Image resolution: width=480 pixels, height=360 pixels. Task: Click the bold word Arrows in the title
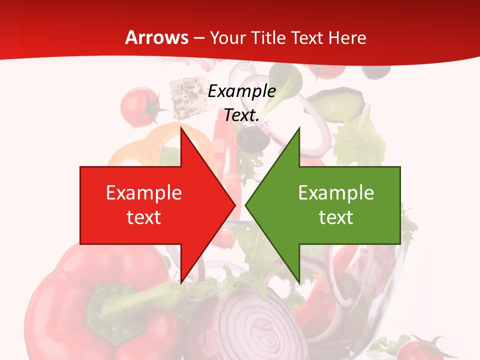click(156, 37)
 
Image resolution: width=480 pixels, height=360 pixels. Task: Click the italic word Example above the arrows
click(241, 91)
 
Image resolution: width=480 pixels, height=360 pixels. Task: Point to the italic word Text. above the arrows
click(241, 115)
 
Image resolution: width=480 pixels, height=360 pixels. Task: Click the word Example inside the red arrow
click(144, 193)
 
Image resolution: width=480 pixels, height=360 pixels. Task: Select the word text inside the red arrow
click(144, 217)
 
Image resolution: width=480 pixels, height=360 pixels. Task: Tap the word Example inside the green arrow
click(336, 193)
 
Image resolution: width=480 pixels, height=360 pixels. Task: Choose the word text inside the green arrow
click(336, 217)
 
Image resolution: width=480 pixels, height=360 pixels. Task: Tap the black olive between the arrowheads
click(251, 138)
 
